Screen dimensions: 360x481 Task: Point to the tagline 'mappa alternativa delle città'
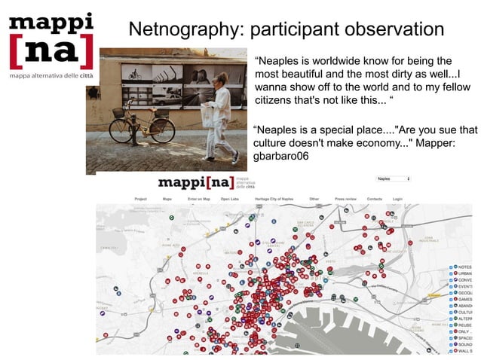(51, 77)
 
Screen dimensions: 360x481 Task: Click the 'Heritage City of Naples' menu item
(275, 199)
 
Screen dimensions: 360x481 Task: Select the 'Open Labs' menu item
(229, 199)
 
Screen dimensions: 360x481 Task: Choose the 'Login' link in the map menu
(397, 199)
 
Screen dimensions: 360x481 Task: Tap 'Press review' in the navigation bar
(345, 199)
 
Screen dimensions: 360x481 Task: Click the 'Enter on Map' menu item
(198, 199)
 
